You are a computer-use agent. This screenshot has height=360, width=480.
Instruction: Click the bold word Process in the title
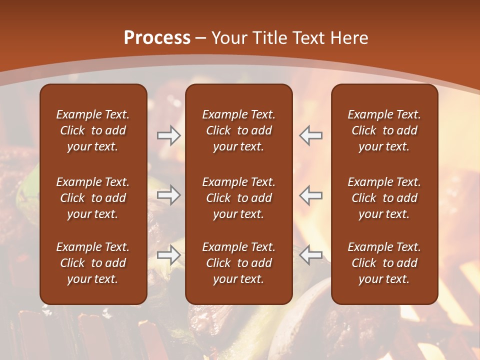(157, 38)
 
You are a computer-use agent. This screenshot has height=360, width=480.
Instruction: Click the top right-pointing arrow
(169, 135)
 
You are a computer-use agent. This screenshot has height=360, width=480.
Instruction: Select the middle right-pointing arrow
(169, 195)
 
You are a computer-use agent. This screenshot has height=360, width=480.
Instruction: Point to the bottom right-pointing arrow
(169, 255)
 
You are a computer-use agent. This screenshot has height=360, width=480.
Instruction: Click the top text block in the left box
(93, 130)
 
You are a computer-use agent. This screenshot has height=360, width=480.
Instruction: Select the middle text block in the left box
(93, 198)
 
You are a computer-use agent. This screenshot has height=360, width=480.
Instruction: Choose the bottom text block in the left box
(93, 263)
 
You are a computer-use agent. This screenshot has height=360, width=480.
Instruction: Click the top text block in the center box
(238, 130)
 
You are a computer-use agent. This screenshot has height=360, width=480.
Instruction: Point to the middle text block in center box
(238, 198)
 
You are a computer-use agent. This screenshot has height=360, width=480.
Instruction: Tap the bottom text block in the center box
(238, 263)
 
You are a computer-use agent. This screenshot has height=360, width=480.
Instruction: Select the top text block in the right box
(384, 130)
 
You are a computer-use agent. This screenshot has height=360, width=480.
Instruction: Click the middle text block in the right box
(384, 198)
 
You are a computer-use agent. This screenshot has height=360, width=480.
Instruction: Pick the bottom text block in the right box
(384, 263)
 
